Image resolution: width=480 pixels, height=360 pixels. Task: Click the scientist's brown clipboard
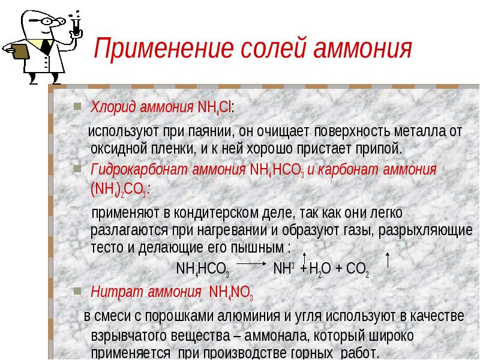tap(19, 52)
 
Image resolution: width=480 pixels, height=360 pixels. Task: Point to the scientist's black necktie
tap(46, 47)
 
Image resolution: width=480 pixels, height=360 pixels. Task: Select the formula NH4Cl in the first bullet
tap(215, 108)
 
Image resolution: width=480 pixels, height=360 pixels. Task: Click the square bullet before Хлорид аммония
tap(77, 106)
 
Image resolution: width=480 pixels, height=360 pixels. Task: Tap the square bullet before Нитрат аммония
tap(77, 291)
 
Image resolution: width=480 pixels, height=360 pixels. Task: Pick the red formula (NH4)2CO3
tap(118, 190)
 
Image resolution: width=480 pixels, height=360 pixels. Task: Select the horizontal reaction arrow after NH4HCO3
tap(251, 263)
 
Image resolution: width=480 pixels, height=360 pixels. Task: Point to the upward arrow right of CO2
tap(388, 260)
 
